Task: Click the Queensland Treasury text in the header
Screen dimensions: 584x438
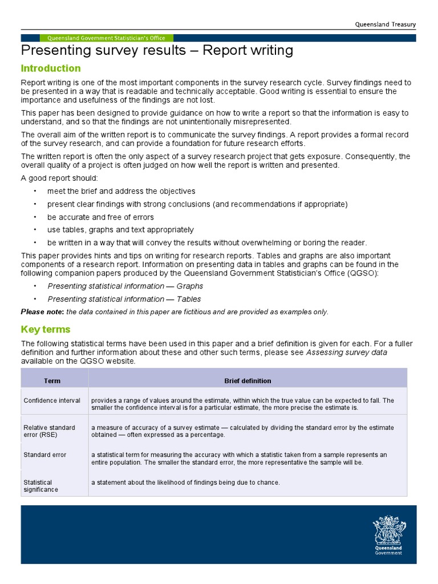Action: pos(386,25)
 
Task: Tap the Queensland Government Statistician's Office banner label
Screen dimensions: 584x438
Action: pos(107,38)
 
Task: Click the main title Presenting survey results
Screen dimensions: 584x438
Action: pos(157,51)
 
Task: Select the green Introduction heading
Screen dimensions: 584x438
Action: pos(51,68)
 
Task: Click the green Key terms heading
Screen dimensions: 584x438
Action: pos(46,330)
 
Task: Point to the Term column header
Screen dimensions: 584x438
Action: pos(52,380)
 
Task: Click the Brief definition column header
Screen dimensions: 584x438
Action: pos(248,380)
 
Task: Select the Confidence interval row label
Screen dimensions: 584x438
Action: pos(52,400)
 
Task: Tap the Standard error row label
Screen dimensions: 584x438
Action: pos(45,455)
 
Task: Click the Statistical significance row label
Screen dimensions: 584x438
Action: pos(40,486)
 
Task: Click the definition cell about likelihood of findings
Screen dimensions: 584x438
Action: pos(185,482)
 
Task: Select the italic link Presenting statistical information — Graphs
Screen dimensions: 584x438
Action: pos(125,286)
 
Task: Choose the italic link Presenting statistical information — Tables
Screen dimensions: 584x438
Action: pos(124,299)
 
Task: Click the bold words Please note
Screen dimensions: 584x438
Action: pos(43,312)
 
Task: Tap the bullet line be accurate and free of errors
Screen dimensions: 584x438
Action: pos(100,217)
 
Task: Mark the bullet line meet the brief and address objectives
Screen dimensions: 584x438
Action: pos(121,191)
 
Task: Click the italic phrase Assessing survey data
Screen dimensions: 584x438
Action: pos(347,352)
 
